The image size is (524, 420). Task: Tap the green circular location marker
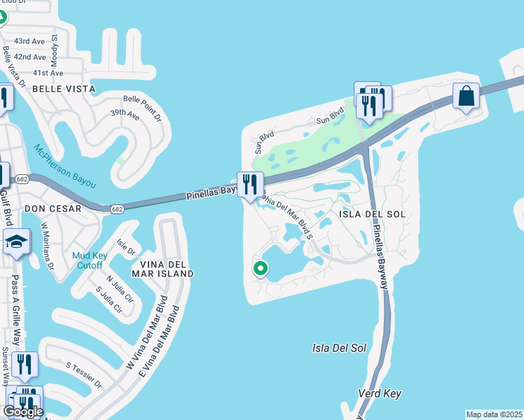point(261,268)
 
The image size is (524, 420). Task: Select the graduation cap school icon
point(17,242)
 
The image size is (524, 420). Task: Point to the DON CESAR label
point(53,209)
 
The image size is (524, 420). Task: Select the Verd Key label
point(380,394)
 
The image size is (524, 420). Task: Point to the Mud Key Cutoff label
point(88,260)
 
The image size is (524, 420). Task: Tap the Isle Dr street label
point(125,247)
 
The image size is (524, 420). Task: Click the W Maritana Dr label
point(47,246)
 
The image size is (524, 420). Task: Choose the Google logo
point(23,412)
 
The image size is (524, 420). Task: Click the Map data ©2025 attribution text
point(493,414)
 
